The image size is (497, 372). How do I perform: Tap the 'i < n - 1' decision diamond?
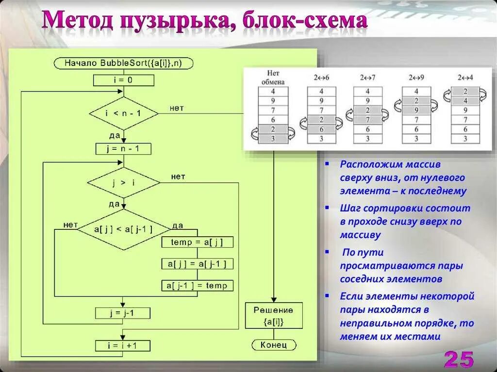coord(124,113)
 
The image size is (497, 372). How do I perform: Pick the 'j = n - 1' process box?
coord(123,149)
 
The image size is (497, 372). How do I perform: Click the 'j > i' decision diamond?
coord(123,183)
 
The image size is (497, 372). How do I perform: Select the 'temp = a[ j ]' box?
coord(197,242)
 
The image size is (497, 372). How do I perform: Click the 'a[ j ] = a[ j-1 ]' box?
coord(197,264)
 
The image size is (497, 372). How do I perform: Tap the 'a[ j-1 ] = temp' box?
coord(197,286)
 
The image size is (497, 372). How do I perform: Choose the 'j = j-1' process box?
coord(123,313)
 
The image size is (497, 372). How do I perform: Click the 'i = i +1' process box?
coord(123,346)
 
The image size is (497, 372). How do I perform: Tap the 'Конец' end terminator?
coord(274,345)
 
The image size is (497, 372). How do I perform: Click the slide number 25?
coord(458,359)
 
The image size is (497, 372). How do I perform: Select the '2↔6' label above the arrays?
coord(321,78)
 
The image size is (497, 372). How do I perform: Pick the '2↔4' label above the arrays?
coord(465,78)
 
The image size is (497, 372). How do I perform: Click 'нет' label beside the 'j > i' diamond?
coord(178,177)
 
